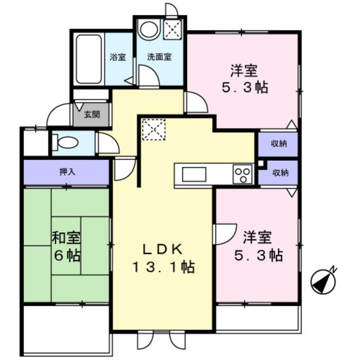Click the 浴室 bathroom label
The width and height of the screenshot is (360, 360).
pyautogui.click(x=118, y=57)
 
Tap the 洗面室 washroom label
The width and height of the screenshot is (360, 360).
pyautogui.click(x=159, y=57)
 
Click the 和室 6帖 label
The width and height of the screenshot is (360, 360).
pyautogui.click(x=66, y=246)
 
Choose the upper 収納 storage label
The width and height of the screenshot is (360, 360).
pyautogui.click(x=278, y=144)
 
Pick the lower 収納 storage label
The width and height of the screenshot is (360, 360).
pyautogui.click(x=278, y=173)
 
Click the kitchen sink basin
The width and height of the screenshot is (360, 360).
pyautogui.click(x=194, y=174)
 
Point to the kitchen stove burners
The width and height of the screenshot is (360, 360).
pyautogui.click(x=242, y=174)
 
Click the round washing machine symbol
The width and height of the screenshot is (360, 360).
pyautogui.click(x=149, y=29)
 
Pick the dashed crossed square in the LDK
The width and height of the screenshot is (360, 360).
pyautogui.click(x=151, y=130)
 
